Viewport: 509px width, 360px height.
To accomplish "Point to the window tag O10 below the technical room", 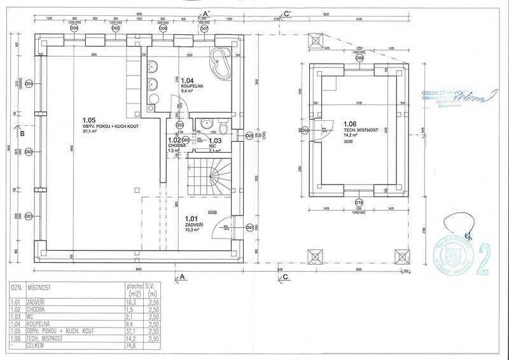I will click(x=359, y=202).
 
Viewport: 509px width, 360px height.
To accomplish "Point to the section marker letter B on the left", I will click(x=22, y=134).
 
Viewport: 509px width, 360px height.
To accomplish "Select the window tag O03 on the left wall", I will click(x=29, y=83).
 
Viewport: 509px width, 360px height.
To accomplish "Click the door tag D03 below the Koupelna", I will click(x=180, y=125).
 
